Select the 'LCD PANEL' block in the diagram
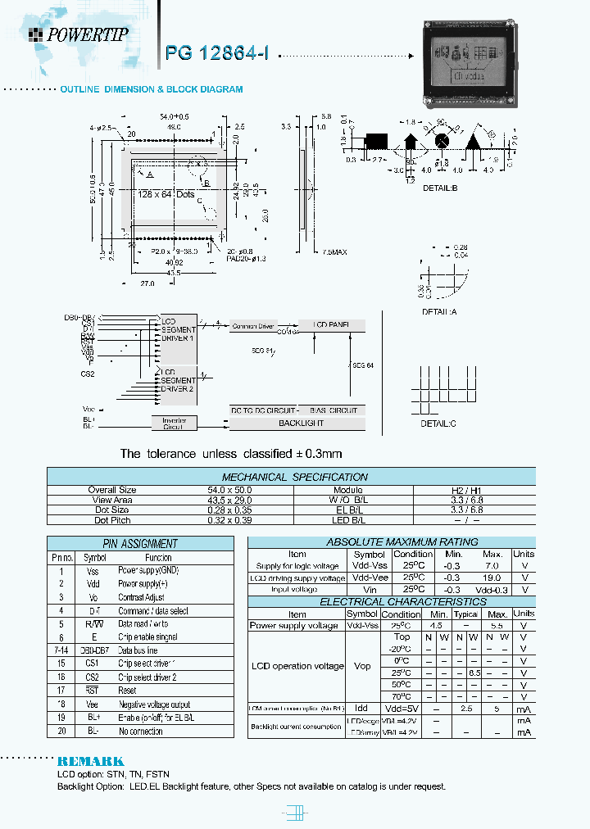(330, 325)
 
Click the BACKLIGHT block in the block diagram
(302, 423)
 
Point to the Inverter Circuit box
(174, 423)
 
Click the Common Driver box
(255, 326)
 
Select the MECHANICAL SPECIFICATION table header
(294, 477)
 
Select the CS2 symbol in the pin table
(91, 677)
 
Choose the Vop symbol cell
(361, 667)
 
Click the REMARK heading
(90, 761)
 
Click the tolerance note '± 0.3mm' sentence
(231, 453)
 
